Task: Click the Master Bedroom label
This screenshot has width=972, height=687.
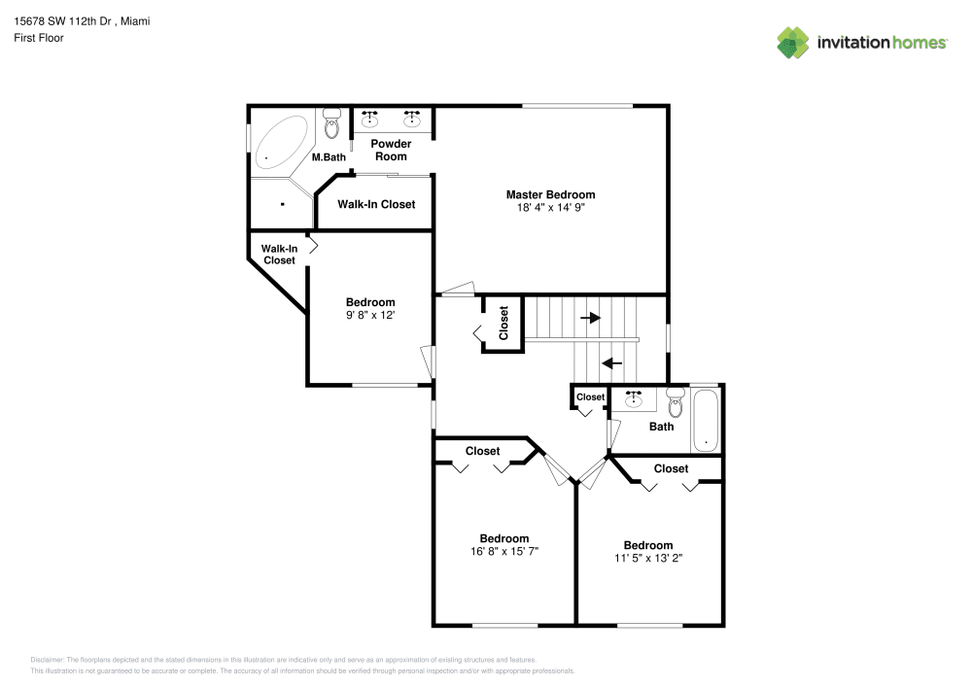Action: click(x=550, y=194)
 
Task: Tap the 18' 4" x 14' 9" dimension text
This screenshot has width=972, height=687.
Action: click(x=550, y=208)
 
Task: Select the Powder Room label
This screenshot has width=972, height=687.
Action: click(x=391, y=150)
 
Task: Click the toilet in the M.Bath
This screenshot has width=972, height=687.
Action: click(x=332, y=123)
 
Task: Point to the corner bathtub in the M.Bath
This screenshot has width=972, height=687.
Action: click(x=281, y=142)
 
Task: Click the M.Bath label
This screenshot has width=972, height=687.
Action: click(x=329, y=157)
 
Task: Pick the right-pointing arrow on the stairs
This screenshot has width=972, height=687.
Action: click(x=590, y=318)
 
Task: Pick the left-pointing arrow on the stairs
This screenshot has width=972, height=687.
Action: click(x=611, y=363)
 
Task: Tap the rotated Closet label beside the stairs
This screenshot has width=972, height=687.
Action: click(x=503, y=323)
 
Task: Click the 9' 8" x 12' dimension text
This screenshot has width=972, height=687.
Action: click(x=370, y=315)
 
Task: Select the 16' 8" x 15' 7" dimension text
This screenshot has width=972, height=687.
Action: click(x=503, y=551)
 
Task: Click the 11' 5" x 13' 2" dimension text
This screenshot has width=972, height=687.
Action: click(x=647, y=558)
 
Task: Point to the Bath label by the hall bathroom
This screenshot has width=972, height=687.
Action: click(x=661, y=427)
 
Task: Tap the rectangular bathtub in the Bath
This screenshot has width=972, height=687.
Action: click(x=706, y=421)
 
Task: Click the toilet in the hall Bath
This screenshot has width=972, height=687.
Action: click(x=676, y=402)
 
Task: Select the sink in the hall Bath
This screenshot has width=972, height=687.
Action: click(x=633, y=399)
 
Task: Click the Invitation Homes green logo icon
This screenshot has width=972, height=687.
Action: click(x=793, y=43)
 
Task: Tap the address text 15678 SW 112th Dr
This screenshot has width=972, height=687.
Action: click(x=62, y=21)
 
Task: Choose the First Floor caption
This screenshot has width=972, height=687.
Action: click(x=39, y=38)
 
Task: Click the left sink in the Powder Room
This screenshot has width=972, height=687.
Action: click(x=370, y=119)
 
